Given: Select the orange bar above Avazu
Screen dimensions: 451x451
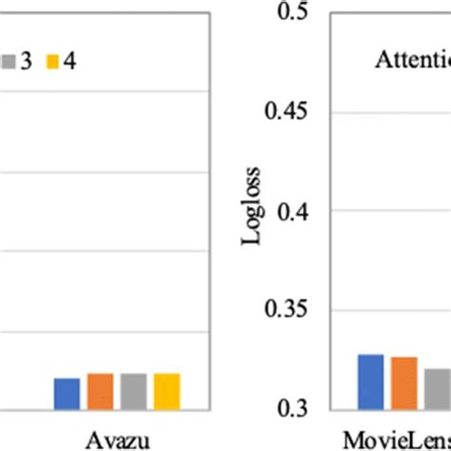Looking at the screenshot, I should point(100,391).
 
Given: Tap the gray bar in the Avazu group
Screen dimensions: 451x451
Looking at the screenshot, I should point(133,391).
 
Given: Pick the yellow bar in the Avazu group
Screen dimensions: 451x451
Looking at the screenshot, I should point(167,391).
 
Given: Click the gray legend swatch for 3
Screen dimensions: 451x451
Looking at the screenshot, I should point(7,62).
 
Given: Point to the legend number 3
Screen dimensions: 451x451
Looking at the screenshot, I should point(25,62).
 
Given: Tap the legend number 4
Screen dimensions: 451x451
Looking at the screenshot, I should point(69,62).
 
